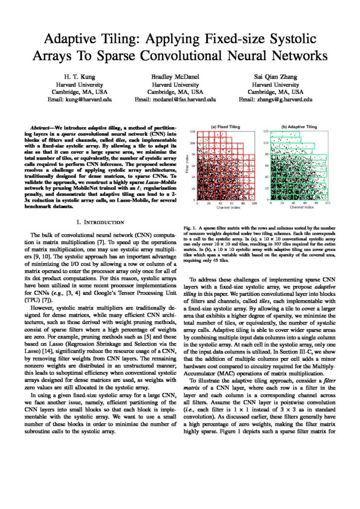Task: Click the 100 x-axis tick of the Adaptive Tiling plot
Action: [327, 203]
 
